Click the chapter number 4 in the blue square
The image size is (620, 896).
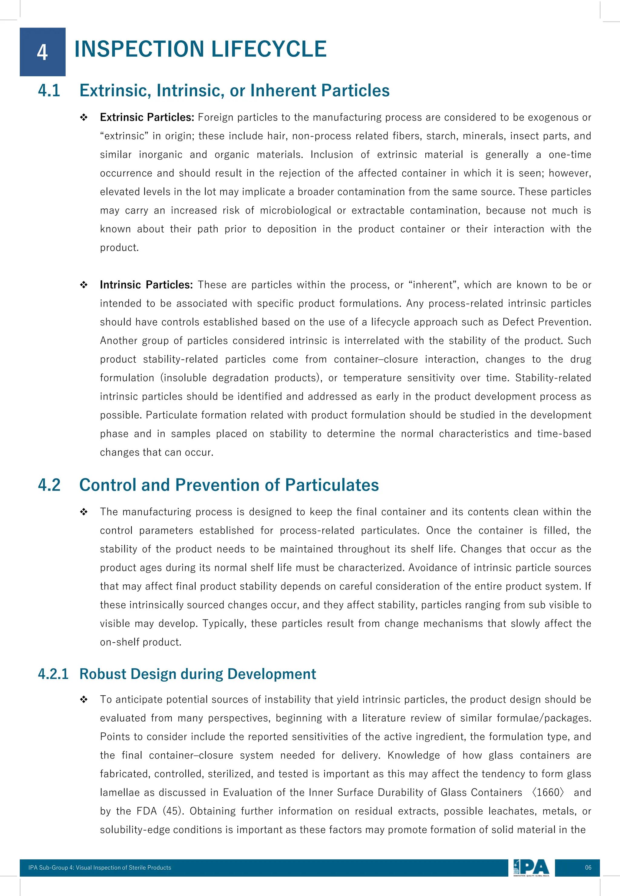[42, 52]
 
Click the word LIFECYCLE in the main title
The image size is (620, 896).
[269, 49]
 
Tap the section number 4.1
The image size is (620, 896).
[49, 91]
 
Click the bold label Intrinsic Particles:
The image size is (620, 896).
[146, 285]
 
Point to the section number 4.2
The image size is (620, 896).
[49, 485]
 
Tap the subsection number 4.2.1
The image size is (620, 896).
[53, 674]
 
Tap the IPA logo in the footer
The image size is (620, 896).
[531, 867]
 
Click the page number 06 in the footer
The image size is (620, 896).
[588, 868]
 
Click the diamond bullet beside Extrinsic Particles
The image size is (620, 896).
[84, 117]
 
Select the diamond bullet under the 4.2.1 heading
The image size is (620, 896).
[84, 700]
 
